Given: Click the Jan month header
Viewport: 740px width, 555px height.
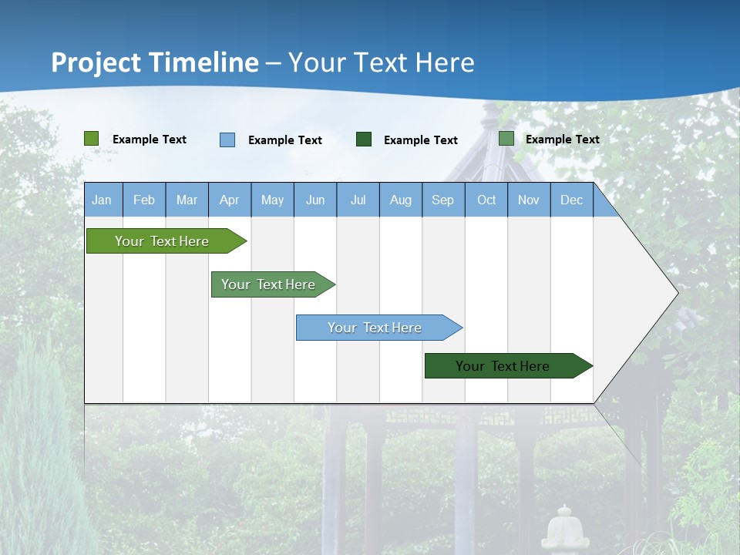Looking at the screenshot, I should point(102,200).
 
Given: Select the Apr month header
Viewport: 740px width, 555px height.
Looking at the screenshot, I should point(229,200).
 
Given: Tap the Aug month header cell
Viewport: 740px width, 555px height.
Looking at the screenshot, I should point(400,200).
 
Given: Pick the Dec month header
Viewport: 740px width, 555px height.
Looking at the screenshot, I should point(571,200).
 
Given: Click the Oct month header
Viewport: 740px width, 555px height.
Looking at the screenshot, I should point(486,200).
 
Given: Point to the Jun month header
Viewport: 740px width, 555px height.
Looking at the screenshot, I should point(315,200).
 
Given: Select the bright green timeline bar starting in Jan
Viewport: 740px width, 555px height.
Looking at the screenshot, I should point(162,241).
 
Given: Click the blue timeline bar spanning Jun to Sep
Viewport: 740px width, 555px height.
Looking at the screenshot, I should point(375,328).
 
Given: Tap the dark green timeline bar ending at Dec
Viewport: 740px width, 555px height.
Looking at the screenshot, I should point(503,366).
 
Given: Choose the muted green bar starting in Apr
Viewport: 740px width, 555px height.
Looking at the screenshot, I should point(268,284).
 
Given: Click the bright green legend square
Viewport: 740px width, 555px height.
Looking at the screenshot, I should point(92,139).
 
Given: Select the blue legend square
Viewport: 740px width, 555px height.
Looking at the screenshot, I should point(227,140).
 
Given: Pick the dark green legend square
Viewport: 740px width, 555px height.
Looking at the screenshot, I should point(364,140).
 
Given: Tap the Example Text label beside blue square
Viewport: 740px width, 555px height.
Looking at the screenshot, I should point(285,140).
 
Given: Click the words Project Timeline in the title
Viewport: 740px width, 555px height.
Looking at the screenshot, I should point(155,62).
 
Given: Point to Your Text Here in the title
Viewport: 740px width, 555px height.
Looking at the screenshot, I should point(381,62).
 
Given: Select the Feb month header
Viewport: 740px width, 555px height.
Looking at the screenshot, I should point(144,200).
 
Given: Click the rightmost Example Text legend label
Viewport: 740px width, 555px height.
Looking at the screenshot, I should point(562,140).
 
